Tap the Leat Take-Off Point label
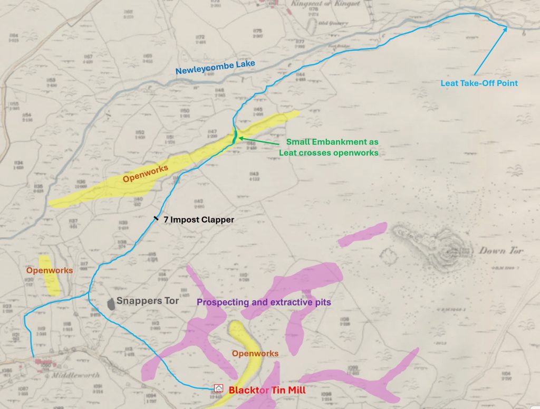(479, 83)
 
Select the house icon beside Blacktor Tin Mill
(218, 388)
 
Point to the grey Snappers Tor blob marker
(111, 304)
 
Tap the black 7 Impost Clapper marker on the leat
(156, 217)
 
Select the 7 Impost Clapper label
(198, 220)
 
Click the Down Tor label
(500, 251)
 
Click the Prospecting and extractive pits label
(264, 302)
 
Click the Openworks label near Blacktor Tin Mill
(255, 353)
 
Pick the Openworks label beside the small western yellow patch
(50, 270)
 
